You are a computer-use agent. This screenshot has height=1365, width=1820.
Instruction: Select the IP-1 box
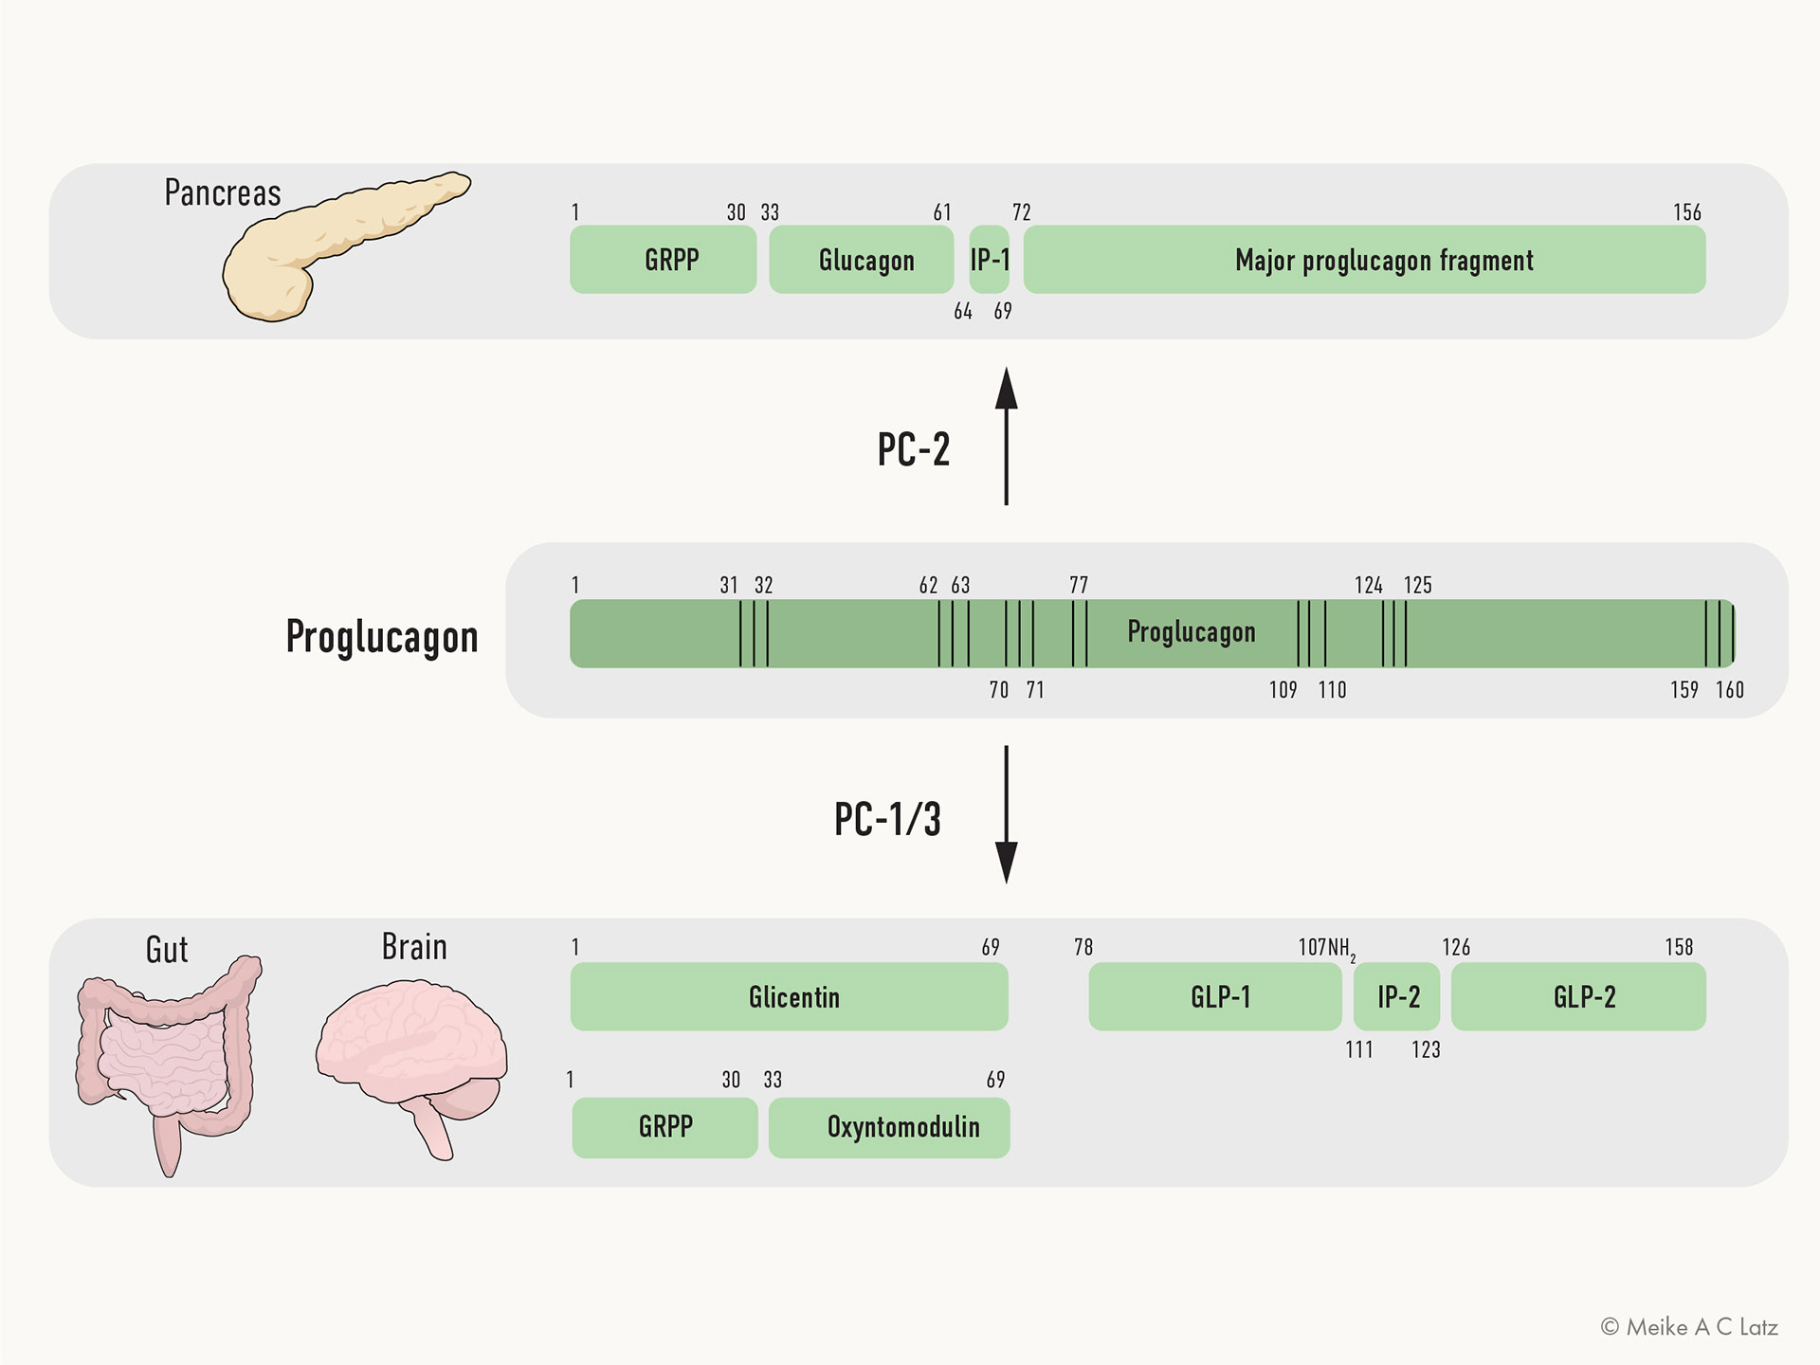[990, 259]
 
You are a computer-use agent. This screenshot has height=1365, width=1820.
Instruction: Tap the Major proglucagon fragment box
[1365, 259]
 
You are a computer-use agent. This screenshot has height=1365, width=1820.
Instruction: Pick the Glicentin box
[789, 996]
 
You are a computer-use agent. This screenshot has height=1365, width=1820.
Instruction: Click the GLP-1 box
[1215, 996]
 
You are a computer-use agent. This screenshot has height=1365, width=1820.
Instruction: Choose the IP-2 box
[1396, 996]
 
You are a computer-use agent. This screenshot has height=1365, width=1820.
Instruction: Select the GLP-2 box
[1578, 996]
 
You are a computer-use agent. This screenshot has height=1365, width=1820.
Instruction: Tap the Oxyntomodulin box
[889, 1127]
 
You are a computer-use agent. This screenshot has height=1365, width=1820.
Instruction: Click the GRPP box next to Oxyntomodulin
[664, 1127]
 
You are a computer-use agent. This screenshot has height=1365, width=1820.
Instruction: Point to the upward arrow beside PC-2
[1007, 436]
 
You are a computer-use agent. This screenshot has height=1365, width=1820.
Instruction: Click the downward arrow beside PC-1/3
[1007, 815]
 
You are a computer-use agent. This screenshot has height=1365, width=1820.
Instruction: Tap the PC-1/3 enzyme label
[887, 819]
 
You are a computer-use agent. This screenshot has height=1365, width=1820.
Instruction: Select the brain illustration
[411, 1066]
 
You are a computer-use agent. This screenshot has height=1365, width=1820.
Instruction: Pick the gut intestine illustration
[169, 1064]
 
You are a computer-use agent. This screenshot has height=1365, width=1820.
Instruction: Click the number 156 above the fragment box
[1687, 212]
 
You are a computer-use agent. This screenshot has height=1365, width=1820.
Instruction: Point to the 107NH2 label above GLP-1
[1327, 948]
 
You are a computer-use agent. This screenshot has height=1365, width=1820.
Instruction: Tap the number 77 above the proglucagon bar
[1079, 585]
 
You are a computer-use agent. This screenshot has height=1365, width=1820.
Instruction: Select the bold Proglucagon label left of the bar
[382, 637]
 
